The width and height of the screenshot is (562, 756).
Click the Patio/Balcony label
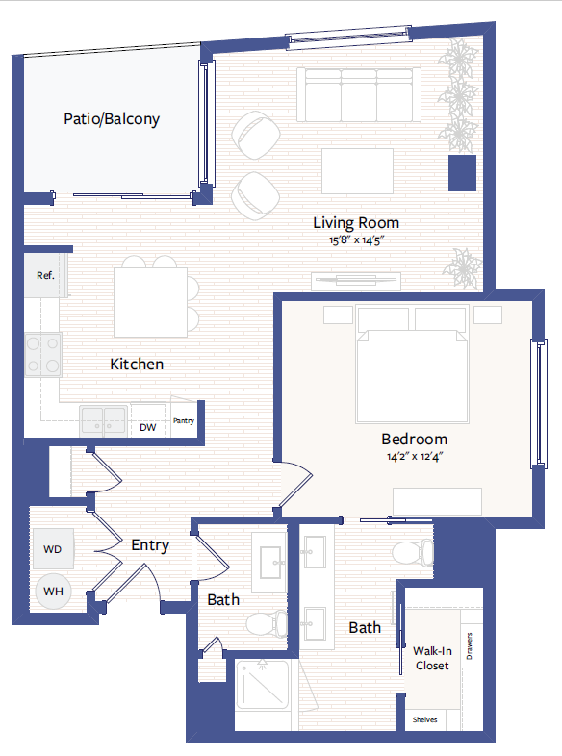tap(112, 120)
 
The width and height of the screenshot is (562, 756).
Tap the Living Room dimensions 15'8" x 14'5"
tap(356, 241)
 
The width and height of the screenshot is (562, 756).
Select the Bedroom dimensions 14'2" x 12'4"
tap(413, 456)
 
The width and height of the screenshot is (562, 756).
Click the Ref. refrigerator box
tap(45, 276)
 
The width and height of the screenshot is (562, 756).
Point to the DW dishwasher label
tap(147, 427)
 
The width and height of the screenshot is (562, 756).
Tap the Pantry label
tap(184, 420)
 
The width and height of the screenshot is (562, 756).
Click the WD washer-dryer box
tap(53, 549)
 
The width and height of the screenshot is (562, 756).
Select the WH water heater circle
tap(53, 590)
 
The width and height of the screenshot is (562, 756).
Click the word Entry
tap(150, 545)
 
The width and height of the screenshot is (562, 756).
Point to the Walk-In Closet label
tap(431, 658)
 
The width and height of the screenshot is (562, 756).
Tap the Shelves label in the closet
tap(425, 718)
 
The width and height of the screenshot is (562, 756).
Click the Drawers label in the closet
tap(469, 650)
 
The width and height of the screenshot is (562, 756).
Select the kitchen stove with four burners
tap(43, 354)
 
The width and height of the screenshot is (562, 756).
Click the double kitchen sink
tap(103, 420)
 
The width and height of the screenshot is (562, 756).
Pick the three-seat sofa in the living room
tap(358, 94)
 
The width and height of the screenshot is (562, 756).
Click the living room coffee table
tap(357, 171)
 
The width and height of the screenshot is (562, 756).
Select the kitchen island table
tap(150, 302)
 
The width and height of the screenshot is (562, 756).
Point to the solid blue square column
tap(462, 173)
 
